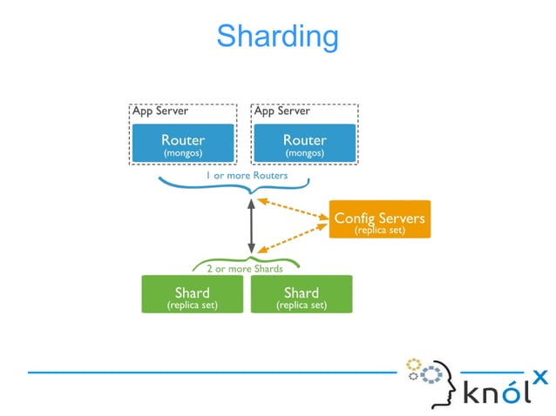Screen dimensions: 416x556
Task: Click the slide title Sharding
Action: click(x=277, y=37)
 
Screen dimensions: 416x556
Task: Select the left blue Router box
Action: click(x=183, y=144)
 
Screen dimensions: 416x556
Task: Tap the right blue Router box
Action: click(x=304, y=144)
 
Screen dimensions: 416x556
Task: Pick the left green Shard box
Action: click(x=192, y=295)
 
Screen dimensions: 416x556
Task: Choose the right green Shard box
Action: click(x=301, y=295)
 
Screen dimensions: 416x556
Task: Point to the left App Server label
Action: click(x=159, y=111)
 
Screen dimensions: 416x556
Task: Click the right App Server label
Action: click(x=281, y=111)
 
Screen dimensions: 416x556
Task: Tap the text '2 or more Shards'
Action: click(x=244, y=269)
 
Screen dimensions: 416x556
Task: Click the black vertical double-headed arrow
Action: click(x=251, y=225)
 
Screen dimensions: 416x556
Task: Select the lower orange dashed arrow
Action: click(x=293, y=236)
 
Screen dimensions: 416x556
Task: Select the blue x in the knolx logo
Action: click(x=540, y=376)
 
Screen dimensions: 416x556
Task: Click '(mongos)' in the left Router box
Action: click(x=183, y=152)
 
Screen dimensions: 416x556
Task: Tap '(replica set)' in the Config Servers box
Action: click(x=379, y=230)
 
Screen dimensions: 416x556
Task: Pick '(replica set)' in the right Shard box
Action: click(x=301, y=305)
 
